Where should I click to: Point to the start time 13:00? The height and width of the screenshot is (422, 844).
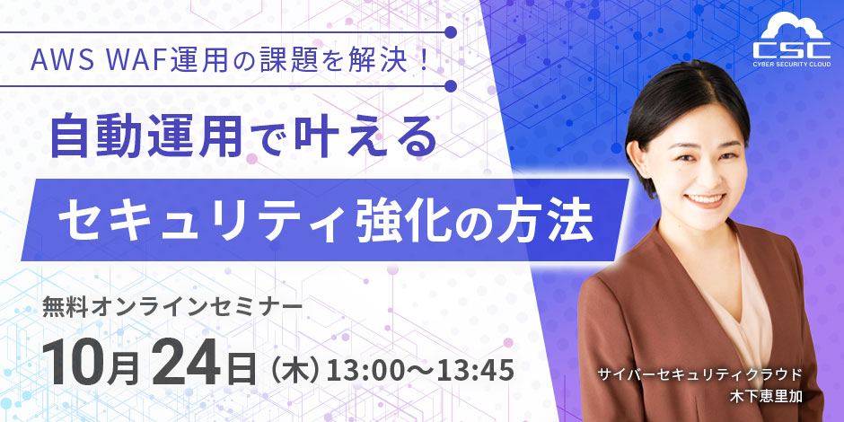[x=365, y=368]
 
